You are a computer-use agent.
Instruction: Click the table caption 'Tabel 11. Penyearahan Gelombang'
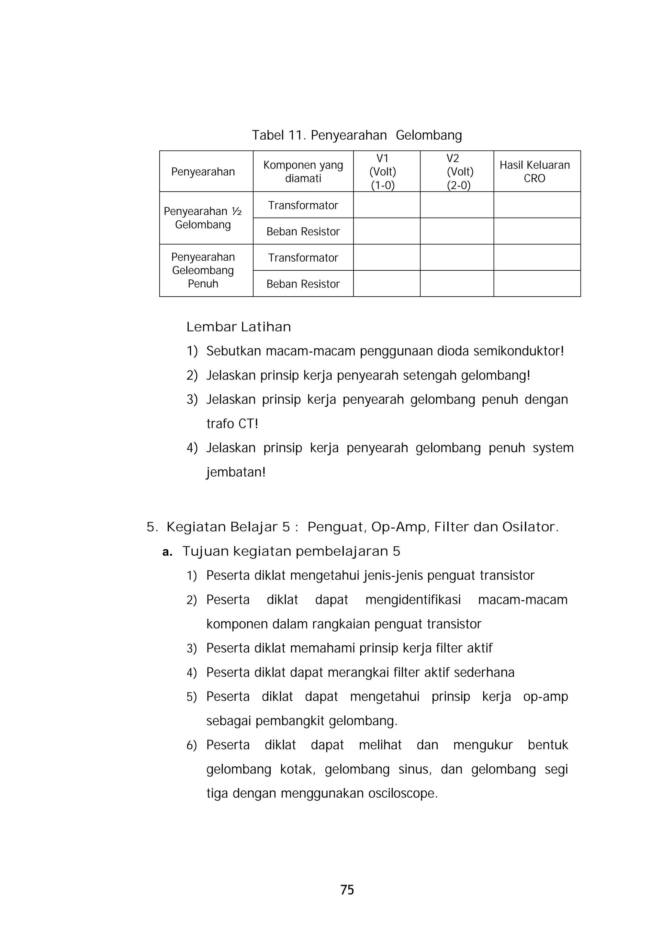[357, 135]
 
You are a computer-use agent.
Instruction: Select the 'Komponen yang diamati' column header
[303, 172]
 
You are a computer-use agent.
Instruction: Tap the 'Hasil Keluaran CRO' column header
[534, 172]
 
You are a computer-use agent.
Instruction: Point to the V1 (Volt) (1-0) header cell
[383, 172]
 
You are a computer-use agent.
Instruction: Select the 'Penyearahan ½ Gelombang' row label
[203, 218]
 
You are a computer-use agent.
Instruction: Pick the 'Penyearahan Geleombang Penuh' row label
[203, 270]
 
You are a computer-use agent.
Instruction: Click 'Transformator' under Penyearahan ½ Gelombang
[303, 205]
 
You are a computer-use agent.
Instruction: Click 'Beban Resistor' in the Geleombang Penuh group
[303, 284]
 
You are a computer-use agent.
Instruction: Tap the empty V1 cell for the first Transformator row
[387, 205]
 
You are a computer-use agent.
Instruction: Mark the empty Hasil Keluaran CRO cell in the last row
[537, 284]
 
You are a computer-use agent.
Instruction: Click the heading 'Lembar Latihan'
[239, 327]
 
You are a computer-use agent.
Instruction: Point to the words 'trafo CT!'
[232, 424]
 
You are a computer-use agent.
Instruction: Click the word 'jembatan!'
[236, 472]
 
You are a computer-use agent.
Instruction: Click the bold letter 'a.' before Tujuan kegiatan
[167, 552]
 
